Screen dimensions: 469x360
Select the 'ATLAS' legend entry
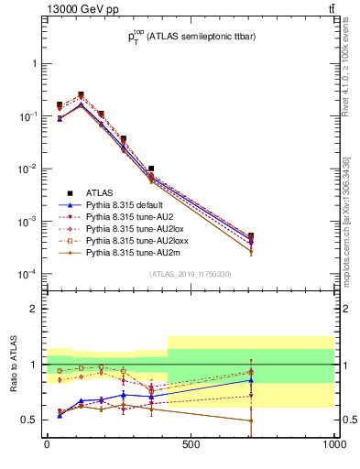click(x=101, y=193)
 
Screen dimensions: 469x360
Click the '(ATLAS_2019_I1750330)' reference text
click(x=191, y=274)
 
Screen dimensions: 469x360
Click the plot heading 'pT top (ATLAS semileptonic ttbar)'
click(x=190, y=38)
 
